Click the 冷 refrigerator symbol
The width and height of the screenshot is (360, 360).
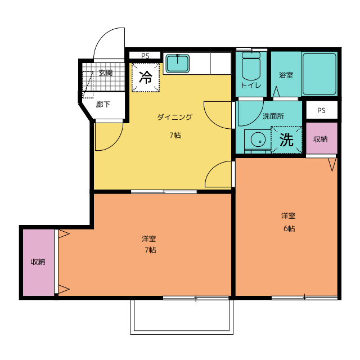(x=146, y=78)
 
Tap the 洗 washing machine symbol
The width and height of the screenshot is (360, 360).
(x=286, y=140)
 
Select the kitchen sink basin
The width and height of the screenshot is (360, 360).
(x=178, y=63)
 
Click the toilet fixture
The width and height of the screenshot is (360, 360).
(x=251, y=66)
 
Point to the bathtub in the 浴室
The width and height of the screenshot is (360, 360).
(x=319, y=74)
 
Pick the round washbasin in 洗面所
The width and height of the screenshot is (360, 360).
(x=258, y=139)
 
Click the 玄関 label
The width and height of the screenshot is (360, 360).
(x=106, y=73)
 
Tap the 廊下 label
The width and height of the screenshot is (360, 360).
(x=103, y=105)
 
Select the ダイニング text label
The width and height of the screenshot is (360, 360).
(x=175, y=117)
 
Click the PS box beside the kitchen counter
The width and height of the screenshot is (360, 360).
(x=145, y=56)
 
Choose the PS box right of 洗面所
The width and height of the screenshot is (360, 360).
(x=321, y=110)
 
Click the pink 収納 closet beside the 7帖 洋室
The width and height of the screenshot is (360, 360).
(x=38, y=263)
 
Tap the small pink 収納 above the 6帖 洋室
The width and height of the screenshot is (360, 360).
(x=321, y=138)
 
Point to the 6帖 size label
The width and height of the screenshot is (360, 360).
(x=289, y=229)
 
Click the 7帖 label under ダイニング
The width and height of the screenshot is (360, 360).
(x=175, y=135)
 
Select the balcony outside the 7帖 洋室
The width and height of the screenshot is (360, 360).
(x=182, y=317)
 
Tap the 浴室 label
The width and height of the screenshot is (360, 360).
(x=286, y=75)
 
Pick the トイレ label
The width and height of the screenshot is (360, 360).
(x=251, y=85)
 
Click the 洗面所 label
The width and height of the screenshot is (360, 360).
(x=273, y=116)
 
